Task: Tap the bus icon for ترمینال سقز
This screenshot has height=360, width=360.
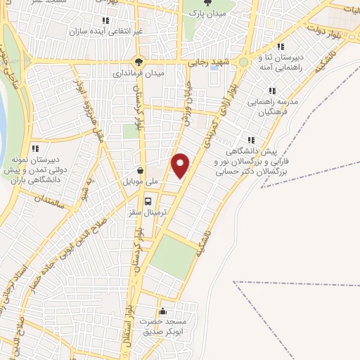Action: [x=148, y=200]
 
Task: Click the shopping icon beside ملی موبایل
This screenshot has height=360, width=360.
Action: [x=141, y=169]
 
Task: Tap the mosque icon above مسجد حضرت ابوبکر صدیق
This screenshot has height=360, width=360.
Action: [x=164, y=311]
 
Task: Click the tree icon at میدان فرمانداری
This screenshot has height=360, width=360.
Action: [x=140, y=60]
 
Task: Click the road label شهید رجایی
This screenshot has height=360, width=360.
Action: [x=208, y=63]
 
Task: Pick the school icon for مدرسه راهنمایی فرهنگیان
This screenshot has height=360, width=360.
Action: [x=271, y=91]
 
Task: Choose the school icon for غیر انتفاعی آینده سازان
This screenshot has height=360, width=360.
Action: [x=105, y=21]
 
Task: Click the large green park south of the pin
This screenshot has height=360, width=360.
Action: [x=171, y=257]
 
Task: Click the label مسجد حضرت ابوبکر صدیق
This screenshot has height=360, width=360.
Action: [x=165, y=327]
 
